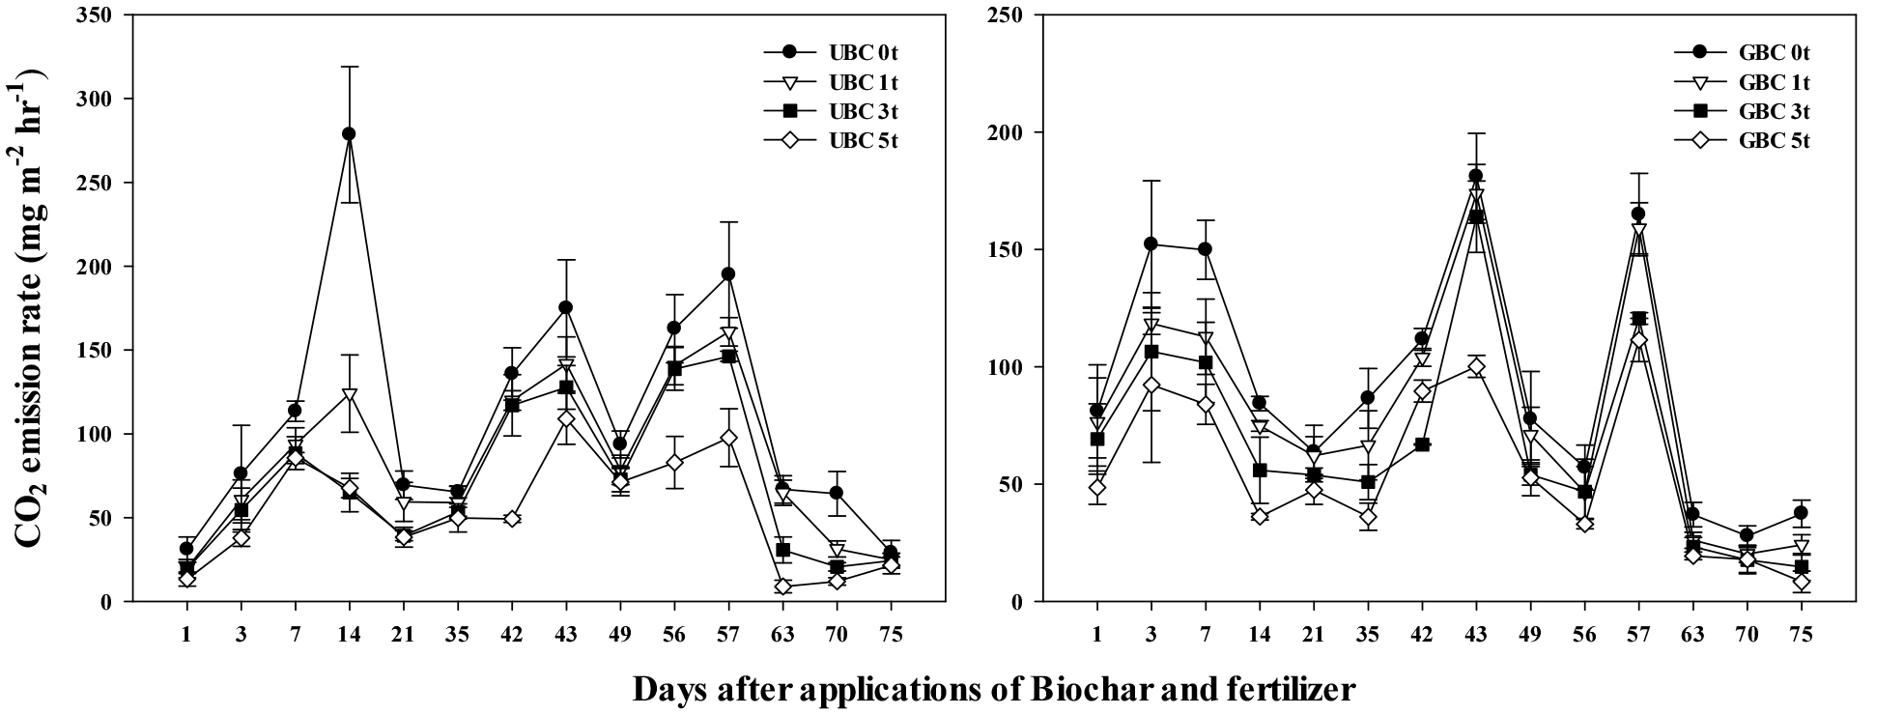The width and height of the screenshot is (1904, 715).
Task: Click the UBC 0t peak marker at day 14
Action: [x=349, y=134]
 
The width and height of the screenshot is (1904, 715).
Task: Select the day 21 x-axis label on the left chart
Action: [x=403, y=635]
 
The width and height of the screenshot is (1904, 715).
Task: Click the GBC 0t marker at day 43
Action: [x=1475, y=176]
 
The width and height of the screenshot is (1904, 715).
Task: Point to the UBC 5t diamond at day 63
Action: [x=782, y=586]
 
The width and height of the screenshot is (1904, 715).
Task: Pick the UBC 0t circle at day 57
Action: [x=728, y=274]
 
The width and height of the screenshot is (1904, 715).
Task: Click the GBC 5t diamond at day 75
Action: [x=1800, y=582]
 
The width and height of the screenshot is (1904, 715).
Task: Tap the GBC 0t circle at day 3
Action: [x=1151, y=243]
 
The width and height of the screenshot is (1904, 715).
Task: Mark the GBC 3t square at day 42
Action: [x=1421, y=444]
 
